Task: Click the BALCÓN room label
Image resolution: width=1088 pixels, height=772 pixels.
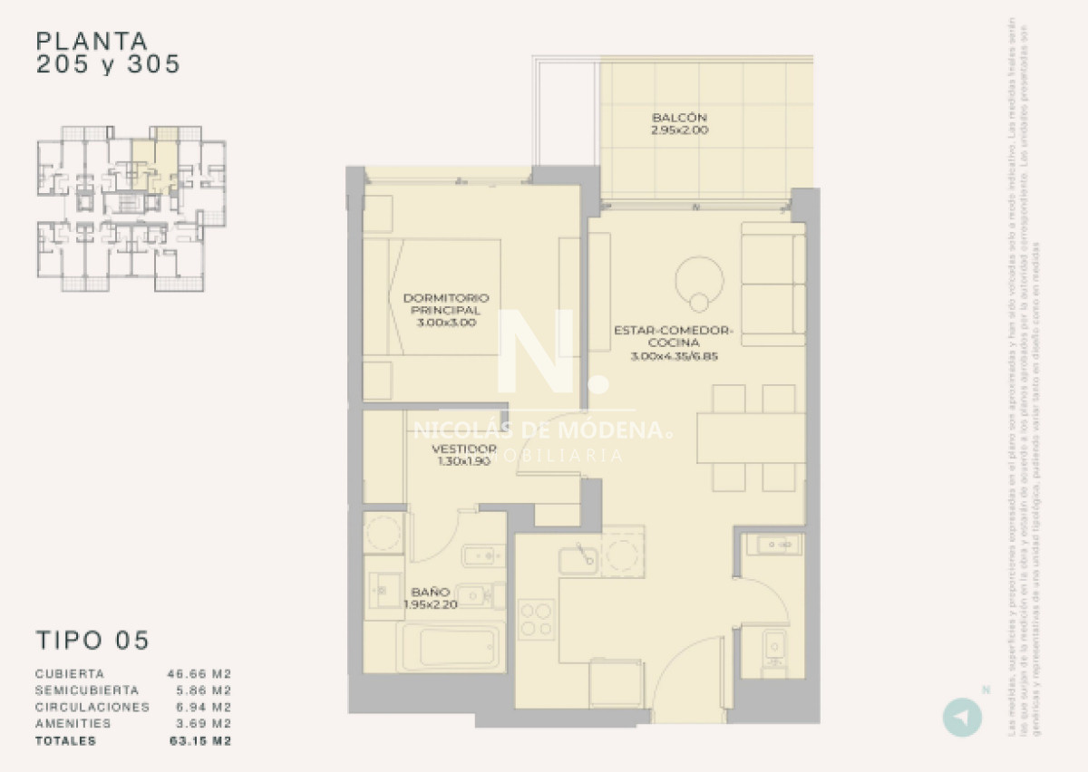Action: (678, 118)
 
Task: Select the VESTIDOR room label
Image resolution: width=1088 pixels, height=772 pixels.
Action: (463, 449)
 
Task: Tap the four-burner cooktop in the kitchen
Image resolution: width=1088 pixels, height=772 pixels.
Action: (536, 619)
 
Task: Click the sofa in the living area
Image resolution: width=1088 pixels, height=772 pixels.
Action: (773, 284)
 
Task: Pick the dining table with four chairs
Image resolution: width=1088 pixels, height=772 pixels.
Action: (751, 439)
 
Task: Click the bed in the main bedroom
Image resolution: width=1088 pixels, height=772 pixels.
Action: (433, 297)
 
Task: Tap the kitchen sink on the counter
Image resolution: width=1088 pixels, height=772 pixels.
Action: (578, 559)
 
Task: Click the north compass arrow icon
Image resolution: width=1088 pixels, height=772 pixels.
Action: (963, 717)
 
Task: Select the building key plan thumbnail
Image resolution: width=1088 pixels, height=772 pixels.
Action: (131, 208)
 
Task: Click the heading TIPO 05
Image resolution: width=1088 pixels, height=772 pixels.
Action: (92, 640)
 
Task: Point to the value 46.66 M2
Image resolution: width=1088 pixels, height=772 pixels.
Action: (199, 674)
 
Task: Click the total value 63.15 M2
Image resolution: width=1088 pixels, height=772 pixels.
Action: (199, 740)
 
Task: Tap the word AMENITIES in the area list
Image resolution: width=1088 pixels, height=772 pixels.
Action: (73, 723)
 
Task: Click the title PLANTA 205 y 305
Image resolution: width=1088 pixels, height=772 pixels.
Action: (107, 53)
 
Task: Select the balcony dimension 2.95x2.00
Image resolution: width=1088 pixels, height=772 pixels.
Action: (678, 130)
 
